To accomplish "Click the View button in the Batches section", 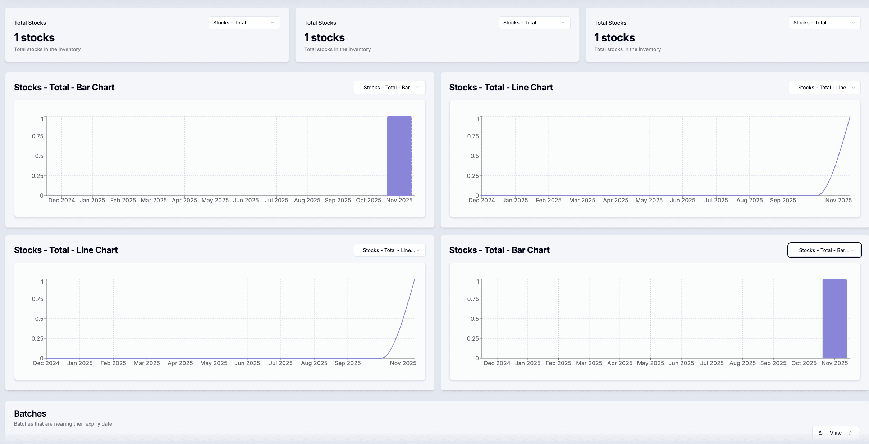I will coord(835,433).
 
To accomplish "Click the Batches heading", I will coord(30,413).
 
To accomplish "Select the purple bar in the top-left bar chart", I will coord(399,156).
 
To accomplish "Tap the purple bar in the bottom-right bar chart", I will coord(834,319).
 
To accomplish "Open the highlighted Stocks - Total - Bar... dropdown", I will coord(824,250).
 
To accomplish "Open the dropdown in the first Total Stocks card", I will coord(244,23).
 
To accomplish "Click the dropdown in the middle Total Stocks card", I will coord(534,23).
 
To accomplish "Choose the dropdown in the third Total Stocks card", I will coord(824,23).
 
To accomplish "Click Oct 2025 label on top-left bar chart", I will coord(368,200).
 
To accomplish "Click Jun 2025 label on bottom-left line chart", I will coord(247,363).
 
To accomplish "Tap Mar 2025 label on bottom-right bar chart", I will coord(589,363).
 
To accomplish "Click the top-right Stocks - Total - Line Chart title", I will coord(501,88).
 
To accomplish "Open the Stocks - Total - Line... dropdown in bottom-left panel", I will coord(390,250).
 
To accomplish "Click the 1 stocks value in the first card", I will coord(35,37).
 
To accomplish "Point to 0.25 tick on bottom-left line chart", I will coord(37,338).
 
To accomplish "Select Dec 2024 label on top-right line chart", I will coord(481,200).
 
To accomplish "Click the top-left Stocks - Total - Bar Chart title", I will coord(64,88).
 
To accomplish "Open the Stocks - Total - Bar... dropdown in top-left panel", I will coord(390,88).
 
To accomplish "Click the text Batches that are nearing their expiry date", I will coord(63,424).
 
